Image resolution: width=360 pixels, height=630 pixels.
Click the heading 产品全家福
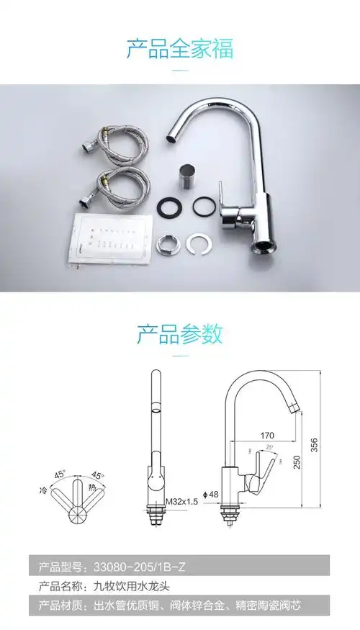180,50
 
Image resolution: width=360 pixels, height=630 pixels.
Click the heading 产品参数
180,334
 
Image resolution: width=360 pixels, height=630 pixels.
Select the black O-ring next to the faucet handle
204,207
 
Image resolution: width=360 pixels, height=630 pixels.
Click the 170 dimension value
268,434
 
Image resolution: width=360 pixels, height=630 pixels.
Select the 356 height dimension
313,445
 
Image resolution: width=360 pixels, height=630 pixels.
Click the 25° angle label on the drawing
270,447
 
